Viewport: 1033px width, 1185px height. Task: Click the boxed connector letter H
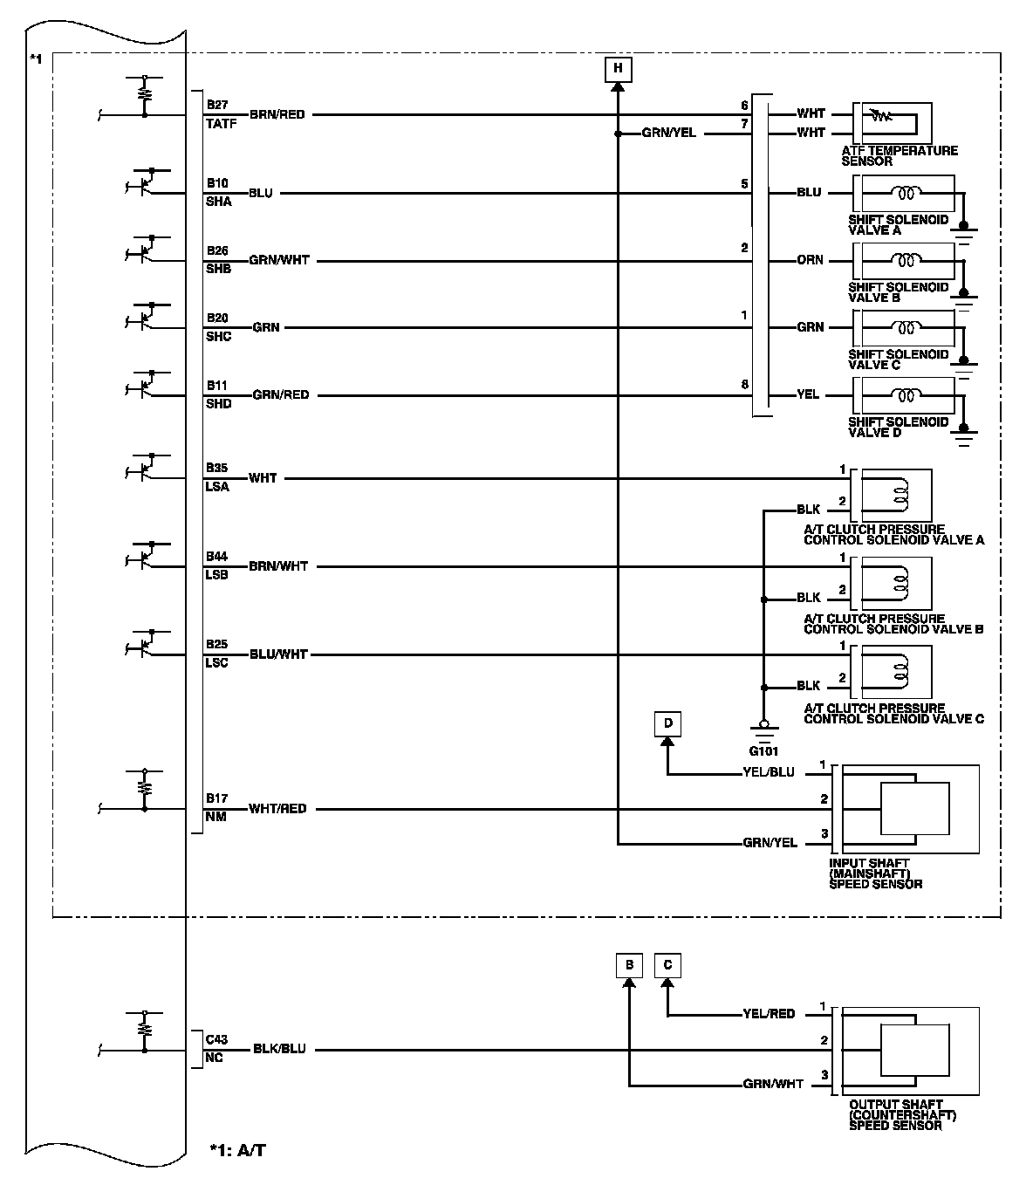tap(618, 68)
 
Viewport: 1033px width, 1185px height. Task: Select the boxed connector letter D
tap(667, 723)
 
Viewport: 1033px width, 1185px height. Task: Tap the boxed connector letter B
tap(628, 965)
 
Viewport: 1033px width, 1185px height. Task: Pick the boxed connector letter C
tap(667, 965)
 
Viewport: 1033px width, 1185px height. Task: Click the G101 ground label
tap(763, 750)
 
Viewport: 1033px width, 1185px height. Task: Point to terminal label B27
tap(217, 105)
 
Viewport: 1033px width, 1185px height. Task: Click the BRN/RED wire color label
tap(277, 114)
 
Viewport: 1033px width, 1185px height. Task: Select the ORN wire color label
tap(810, 260)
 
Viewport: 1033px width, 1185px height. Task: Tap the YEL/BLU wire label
tap(769, 772)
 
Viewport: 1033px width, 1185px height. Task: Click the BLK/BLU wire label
tap(279, 1049)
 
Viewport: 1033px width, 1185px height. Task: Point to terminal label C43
tap(216, 1039)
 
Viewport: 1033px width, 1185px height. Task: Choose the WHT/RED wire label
tap(277, 809)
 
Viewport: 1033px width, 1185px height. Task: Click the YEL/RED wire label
tap(769, 1014)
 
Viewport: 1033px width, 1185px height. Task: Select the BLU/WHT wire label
tap(278, 654)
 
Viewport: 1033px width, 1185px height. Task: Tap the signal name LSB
tap(217, 575)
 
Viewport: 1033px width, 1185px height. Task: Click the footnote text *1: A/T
tap(237, 1151)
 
